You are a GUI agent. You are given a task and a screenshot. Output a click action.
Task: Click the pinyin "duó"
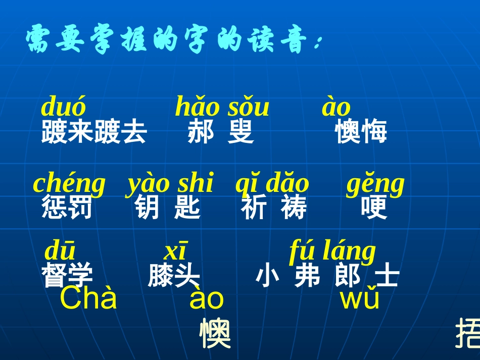click(x=63, y=108)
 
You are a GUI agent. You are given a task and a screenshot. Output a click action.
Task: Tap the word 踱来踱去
click(x=94, y=132)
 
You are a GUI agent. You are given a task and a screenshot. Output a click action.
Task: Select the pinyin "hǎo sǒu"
click(x=222, y=108)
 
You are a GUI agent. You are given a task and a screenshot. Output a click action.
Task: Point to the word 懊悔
click(x=361, y=132)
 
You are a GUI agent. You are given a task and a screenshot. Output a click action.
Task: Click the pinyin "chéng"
click(x=69, y=184)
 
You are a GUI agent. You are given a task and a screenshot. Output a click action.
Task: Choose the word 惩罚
click(x=67, y=208)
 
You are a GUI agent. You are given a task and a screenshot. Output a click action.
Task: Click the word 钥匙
click(x=168, y=208)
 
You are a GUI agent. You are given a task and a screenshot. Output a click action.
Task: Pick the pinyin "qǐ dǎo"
click(x=272, y=184)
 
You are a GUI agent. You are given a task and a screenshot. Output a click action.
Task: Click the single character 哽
click(x=374, y=208)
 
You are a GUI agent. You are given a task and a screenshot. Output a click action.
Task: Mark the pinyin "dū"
click(x=60, y=251)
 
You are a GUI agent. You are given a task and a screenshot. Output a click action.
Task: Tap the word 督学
click(x=67, y=276)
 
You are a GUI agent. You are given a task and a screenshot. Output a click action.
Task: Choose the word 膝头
click(x=174, y=276)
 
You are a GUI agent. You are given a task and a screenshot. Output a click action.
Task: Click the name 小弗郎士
click(x=327, y=276)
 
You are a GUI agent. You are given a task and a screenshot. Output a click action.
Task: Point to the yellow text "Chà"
click(x=88, y=299)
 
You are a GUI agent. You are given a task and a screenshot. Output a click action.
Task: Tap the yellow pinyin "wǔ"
click(x=360, y=299)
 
